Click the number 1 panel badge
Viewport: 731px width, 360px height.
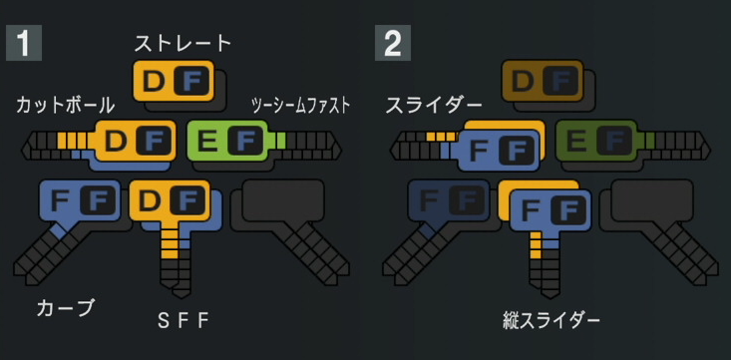(24, 43)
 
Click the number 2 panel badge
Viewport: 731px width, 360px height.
(393, 43)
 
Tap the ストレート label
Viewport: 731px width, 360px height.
(183, 43)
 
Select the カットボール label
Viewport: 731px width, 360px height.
(65, 106)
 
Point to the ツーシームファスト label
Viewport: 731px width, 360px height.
(301, 106)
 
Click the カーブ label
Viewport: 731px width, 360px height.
(65, 308)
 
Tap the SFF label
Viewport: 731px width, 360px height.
(183, 321)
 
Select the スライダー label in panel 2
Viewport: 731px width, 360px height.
(434, 106)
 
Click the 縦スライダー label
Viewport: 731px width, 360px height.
(551, 321)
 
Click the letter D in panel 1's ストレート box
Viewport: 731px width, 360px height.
(154, 82)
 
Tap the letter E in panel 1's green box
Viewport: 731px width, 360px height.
(207, 141)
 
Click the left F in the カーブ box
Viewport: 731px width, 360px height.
(60, 200)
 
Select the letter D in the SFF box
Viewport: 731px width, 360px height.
(150, 200)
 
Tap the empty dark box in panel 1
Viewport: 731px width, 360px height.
(283, 200)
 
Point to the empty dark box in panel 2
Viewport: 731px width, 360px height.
(652, 200)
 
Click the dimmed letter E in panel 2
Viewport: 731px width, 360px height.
(576, 141)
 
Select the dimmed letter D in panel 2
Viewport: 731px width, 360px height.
(523, 82)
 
